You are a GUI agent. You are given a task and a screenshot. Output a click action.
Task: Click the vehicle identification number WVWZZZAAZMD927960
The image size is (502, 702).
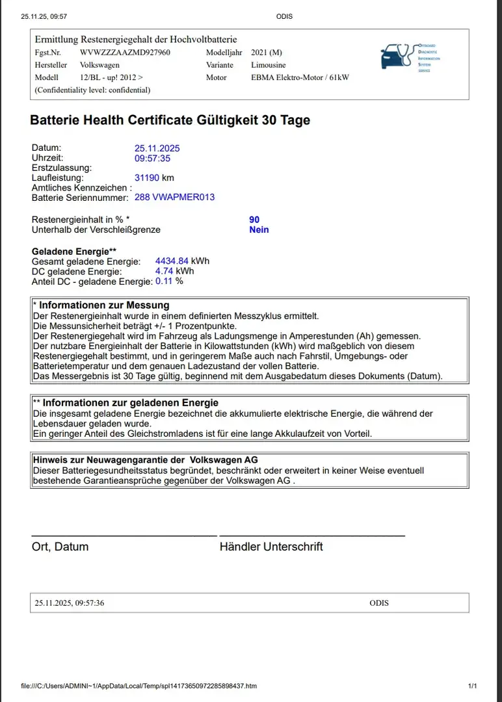tap(125, 53)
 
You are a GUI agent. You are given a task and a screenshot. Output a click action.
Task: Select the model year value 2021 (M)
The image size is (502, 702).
tap(267, 53)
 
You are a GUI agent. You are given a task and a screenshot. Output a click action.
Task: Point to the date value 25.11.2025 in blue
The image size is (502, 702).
tap(157, 148)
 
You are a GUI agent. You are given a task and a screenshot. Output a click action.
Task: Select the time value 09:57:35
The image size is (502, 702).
tap(153, 158)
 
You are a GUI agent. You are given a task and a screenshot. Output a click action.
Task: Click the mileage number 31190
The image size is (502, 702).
tap(147, 177)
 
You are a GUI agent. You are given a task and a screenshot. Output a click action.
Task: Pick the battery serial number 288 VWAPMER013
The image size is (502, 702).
tap(174, 197)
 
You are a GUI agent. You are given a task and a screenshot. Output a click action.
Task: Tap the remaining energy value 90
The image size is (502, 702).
tap(254, 220)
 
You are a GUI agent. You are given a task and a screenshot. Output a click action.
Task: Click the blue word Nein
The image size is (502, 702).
tap(259, 229)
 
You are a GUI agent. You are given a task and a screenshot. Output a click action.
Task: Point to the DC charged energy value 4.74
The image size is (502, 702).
tap(164, 271)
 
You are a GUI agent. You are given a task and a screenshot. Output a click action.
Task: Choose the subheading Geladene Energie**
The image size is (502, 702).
tap(74, 252)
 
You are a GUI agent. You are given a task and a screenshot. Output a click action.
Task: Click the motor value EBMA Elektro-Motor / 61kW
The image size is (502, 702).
tap(300, 77)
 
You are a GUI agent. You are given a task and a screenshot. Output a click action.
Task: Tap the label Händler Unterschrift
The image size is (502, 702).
tap(271, 547)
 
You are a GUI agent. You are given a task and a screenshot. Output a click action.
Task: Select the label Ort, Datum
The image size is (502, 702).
tap(60, 547)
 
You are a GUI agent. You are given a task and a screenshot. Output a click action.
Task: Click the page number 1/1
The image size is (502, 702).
tap(473, 686)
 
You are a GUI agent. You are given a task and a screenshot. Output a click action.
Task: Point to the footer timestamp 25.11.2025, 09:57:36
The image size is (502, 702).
tap(69, 603)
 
